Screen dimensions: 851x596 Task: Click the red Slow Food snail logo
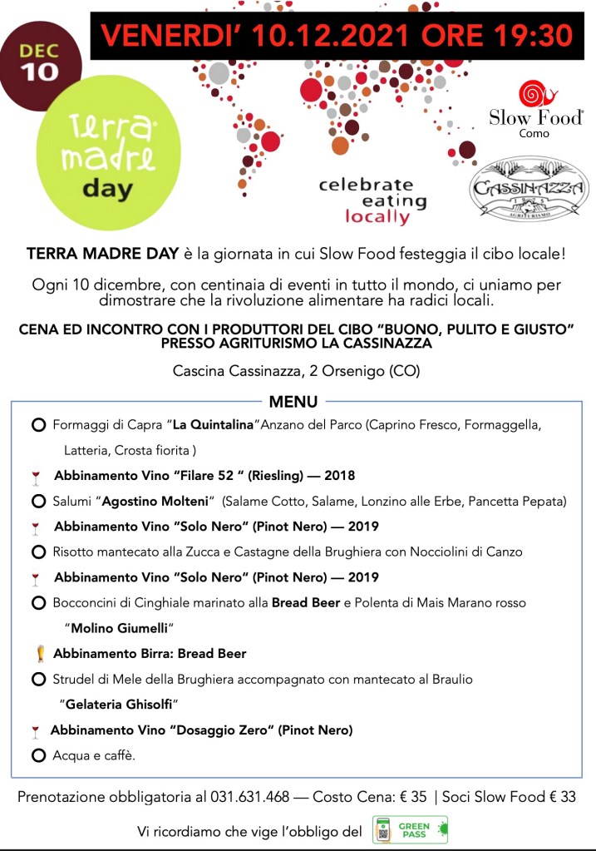pos(531,94)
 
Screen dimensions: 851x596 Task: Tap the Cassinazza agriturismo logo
pos(529,190)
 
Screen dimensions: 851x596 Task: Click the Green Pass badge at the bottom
pos(410,830)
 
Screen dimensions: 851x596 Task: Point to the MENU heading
pos(293,402)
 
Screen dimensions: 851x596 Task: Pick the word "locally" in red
pos(377,218)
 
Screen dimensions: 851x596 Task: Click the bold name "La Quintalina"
pos(211,425)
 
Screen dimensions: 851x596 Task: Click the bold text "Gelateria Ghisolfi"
pos(121,704)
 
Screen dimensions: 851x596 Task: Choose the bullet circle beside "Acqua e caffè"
pos(37,755)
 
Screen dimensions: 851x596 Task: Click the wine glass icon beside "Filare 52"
pos(35,477)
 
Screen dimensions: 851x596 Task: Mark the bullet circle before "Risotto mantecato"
pos(37,552)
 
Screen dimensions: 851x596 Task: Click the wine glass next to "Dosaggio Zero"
pos(35,731)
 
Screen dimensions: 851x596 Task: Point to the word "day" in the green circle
pos(107,187)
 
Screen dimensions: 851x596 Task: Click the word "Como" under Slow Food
pos(534,133)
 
